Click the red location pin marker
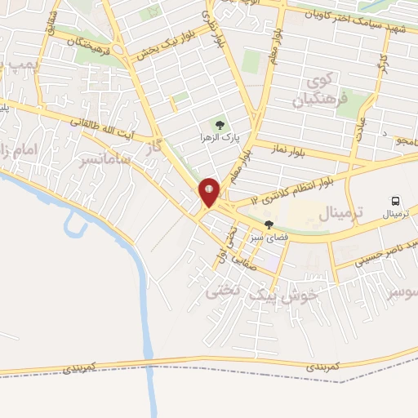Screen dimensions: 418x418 (210, 192)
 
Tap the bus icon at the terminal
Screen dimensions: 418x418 (396, 200)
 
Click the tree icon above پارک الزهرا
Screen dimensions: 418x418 (219, 124)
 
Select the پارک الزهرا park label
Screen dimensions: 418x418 (219, 136)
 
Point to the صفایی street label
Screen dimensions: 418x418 (244, 262)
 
